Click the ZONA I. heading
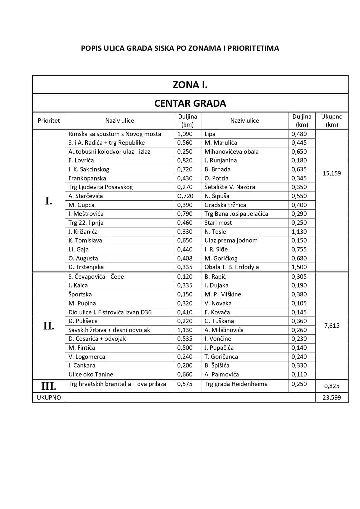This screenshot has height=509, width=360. point(190,85)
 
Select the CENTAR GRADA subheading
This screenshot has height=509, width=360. point(190,103)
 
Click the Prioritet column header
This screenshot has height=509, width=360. point(49,121)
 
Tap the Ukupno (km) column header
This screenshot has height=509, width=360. point(332,121)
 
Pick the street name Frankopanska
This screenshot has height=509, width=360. point(87,178)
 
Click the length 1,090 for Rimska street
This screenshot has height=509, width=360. point(185,134)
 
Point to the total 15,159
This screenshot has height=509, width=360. point(332,173)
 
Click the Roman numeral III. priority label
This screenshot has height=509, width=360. point(49,386)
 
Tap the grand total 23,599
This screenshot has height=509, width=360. point(332,398)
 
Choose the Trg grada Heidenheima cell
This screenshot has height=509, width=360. point(236,384)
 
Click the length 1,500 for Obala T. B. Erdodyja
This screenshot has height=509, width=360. point(299,267)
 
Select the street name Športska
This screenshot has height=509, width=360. point(80,294)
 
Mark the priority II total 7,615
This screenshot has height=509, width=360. point(332,326)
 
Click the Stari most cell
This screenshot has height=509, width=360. point(218,223)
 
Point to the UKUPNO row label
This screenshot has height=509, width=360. point(49,398)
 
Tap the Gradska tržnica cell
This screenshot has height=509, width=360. point(225,205)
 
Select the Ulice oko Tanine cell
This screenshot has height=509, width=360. point(91,374)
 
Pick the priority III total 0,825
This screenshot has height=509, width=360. point(332,386)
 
